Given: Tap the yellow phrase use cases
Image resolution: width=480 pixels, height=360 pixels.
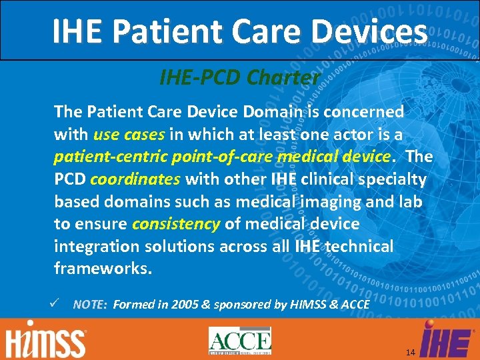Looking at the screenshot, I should [129, 134].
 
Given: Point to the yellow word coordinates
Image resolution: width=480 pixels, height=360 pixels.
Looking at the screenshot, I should [135, 179].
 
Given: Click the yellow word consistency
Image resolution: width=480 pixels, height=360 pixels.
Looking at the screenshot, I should [176, 224].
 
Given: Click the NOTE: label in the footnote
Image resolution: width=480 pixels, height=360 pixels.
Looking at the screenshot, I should [89, 305].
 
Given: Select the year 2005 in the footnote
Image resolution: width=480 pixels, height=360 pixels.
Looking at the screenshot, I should [185, 305].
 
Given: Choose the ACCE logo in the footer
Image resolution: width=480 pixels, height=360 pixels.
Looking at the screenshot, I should [239, 341].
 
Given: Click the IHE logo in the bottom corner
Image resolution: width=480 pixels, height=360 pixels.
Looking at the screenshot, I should [445, 339].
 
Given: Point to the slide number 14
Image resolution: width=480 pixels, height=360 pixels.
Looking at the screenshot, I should [410, 351].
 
